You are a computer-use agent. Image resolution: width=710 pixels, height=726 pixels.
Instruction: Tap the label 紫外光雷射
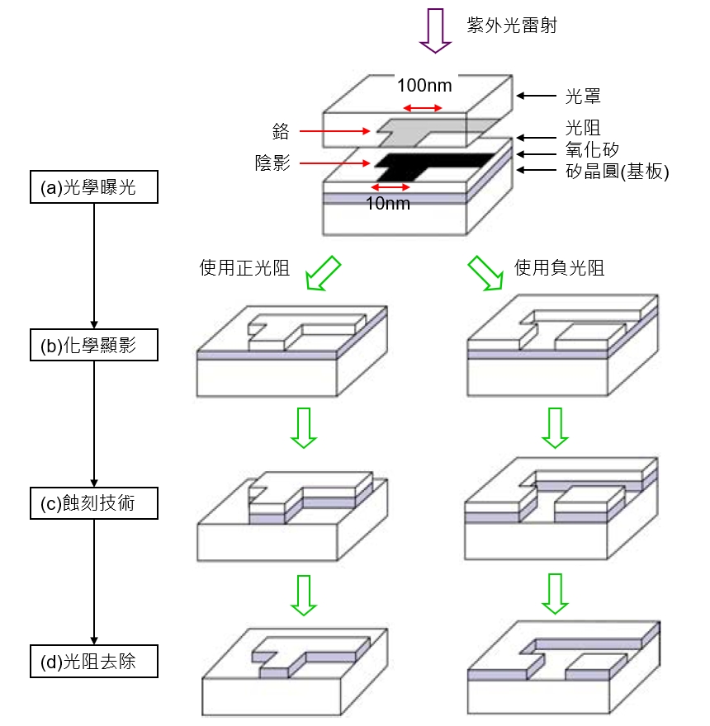tap(512, 25)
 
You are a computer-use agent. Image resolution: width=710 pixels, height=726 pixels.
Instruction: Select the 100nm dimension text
tap(424, 85)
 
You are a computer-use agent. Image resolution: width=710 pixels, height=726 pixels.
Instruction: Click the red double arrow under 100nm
tap(422, 107)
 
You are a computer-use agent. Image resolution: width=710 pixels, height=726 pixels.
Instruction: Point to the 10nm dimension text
tap(387, 203)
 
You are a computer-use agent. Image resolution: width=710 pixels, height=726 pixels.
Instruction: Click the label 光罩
tap(583, 97)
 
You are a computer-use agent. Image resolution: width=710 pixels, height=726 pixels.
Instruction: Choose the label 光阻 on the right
tap(583, 128)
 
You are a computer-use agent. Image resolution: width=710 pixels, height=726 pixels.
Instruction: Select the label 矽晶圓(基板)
tap(616, 171)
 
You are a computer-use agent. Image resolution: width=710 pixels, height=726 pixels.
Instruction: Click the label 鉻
tap(279, 130)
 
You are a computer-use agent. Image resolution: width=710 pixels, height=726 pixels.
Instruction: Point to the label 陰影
tap(272, 163)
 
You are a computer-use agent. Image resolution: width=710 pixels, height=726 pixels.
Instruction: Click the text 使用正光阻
tap(244, 267)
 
